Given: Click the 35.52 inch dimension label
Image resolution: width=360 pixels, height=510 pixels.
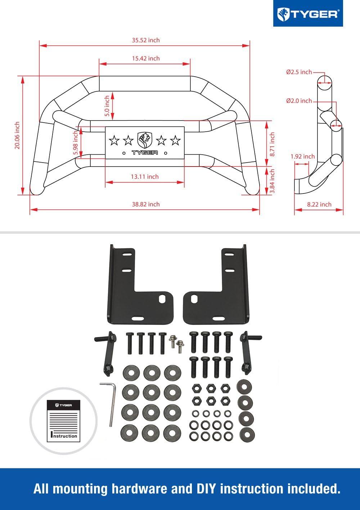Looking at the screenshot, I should click(145, 40).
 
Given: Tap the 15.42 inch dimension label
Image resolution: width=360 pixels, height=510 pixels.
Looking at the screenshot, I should click(145, 58).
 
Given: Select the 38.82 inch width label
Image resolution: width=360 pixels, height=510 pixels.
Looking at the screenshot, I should click(145, 204).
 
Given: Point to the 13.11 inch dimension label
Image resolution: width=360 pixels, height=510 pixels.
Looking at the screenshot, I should click(144, 177).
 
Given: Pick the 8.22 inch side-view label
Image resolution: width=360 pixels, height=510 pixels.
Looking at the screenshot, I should click(319, 204).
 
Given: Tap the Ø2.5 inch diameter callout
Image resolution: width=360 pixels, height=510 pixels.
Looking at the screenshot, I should click(299, 72).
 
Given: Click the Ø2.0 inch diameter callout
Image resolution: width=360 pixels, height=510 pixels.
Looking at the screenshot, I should click(299, 101).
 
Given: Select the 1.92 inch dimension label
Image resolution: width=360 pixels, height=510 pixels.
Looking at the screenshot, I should click(302, 156).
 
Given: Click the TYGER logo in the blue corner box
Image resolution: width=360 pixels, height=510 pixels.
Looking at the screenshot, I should click(308, 14).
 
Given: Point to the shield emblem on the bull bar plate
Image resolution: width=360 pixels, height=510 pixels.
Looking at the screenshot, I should click(145, 140).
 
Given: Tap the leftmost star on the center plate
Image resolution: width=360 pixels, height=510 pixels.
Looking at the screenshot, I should click(114, 140).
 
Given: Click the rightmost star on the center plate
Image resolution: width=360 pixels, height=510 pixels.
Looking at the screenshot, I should click(175, 140).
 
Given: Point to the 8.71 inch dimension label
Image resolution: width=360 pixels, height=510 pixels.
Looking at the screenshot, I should click(272, 144).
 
